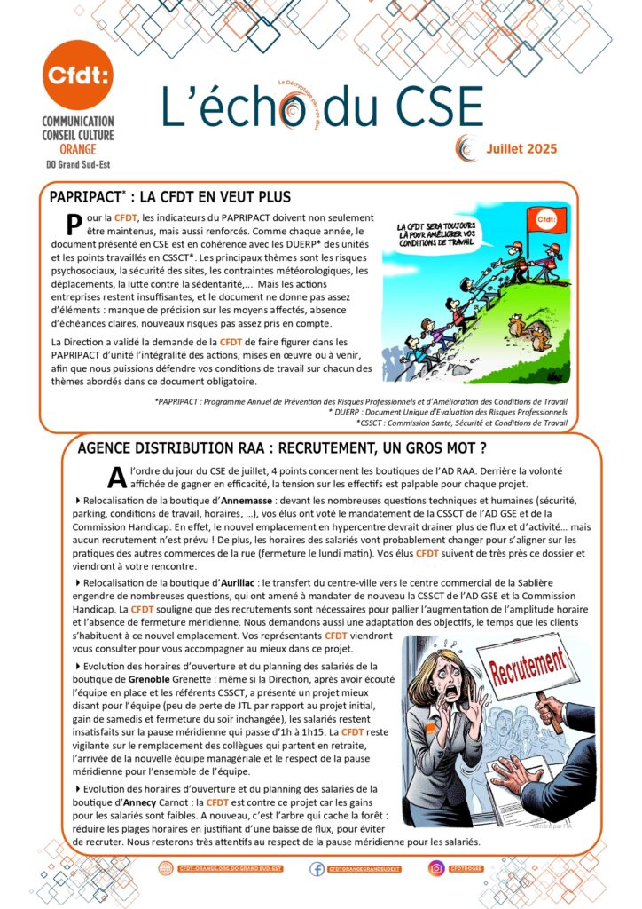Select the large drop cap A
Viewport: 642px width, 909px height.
coord(114,477)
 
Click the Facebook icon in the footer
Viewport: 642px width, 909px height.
coord(317,868)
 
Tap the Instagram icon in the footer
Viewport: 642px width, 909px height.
coord(436,868)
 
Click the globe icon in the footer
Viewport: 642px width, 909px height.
coord(165,868)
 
